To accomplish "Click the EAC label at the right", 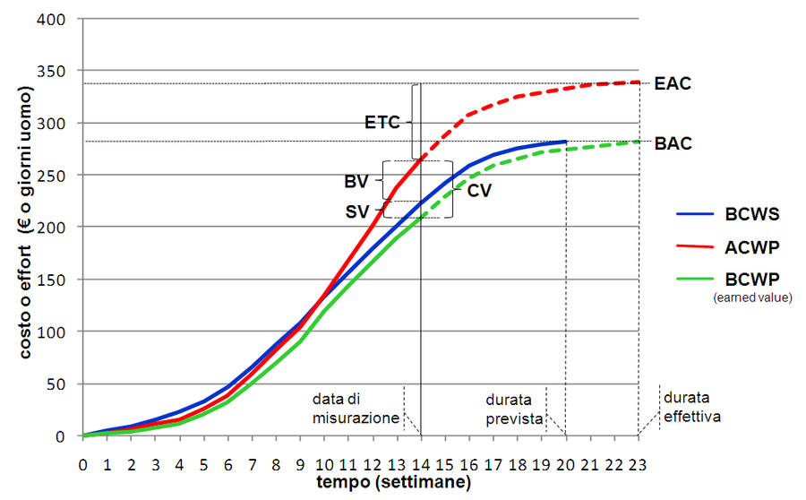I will pyautogui.click(x=673, y=83).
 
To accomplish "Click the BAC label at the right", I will pyautogui.click(x=673, y=142).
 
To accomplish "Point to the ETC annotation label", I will pyautogui.click(x=382, y=120).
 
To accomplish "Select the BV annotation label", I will pyautogui.click(x=356, y=181).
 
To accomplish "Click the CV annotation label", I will pyautogui.click(x=479, y=190).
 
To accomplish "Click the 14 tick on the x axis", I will pyautogui.click(x=421, y=464).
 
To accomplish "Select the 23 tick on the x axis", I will pyautogui.click(x=639, y=464).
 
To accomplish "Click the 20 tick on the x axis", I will pyautogui.click(x=566, y=464).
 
